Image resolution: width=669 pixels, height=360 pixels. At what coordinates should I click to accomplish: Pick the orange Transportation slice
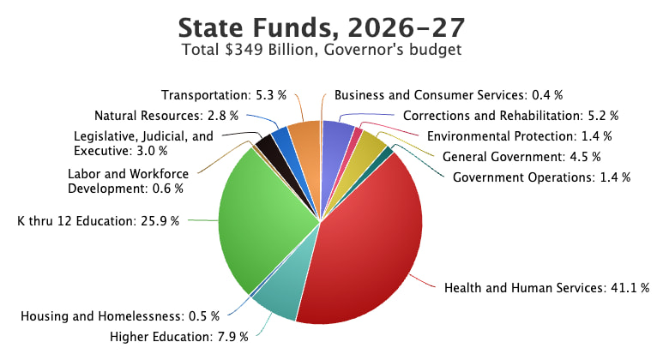(305, 139)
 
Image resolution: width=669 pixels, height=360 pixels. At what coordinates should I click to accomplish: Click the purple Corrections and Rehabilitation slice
(338, 137)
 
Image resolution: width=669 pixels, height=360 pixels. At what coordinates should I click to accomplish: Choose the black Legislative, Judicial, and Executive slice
(269, 149)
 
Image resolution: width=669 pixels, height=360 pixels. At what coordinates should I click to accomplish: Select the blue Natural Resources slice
(281, 141)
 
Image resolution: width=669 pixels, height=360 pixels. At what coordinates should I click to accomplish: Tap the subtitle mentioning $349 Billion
(322, 50)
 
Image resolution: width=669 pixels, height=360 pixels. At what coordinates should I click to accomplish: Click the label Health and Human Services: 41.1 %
(546, 287)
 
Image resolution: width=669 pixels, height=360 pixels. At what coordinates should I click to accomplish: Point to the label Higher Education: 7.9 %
(179, 335)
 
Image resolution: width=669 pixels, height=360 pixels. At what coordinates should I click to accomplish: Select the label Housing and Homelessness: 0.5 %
(120, 316)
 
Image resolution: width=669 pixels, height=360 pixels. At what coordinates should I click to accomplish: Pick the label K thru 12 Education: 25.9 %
(99, 220)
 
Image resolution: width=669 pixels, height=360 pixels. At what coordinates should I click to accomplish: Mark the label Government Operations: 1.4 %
(541, 177)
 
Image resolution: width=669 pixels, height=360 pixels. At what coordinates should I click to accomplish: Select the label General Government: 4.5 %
(521, 156)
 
